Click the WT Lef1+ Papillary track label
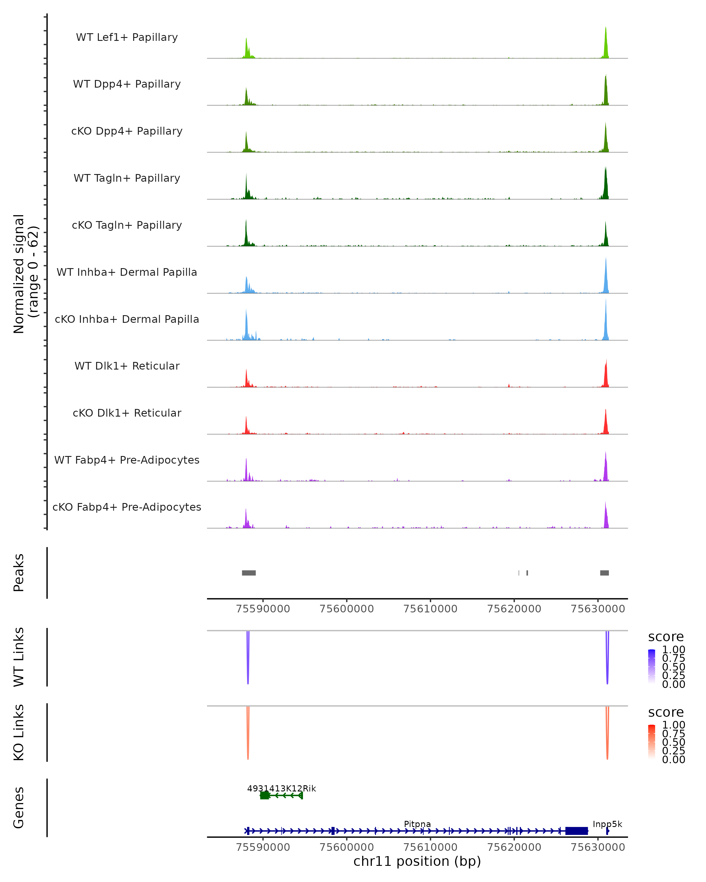tap(127, 37)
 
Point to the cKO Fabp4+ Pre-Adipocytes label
tap(127, 507)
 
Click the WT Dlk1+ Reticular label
tap(127, 366)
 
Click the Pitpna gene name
tap(417, 824)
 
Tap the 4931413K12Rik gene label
tap(282, 788)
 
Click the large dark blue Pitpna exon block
tap(576, 831)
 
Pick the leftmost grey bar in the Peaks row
tap(249, 573)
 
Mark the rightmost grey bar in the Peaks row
tap(604, 573)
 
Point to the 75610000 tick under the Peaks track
tap(430, 609)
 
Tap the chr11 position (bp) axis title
tap(417, 861)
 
